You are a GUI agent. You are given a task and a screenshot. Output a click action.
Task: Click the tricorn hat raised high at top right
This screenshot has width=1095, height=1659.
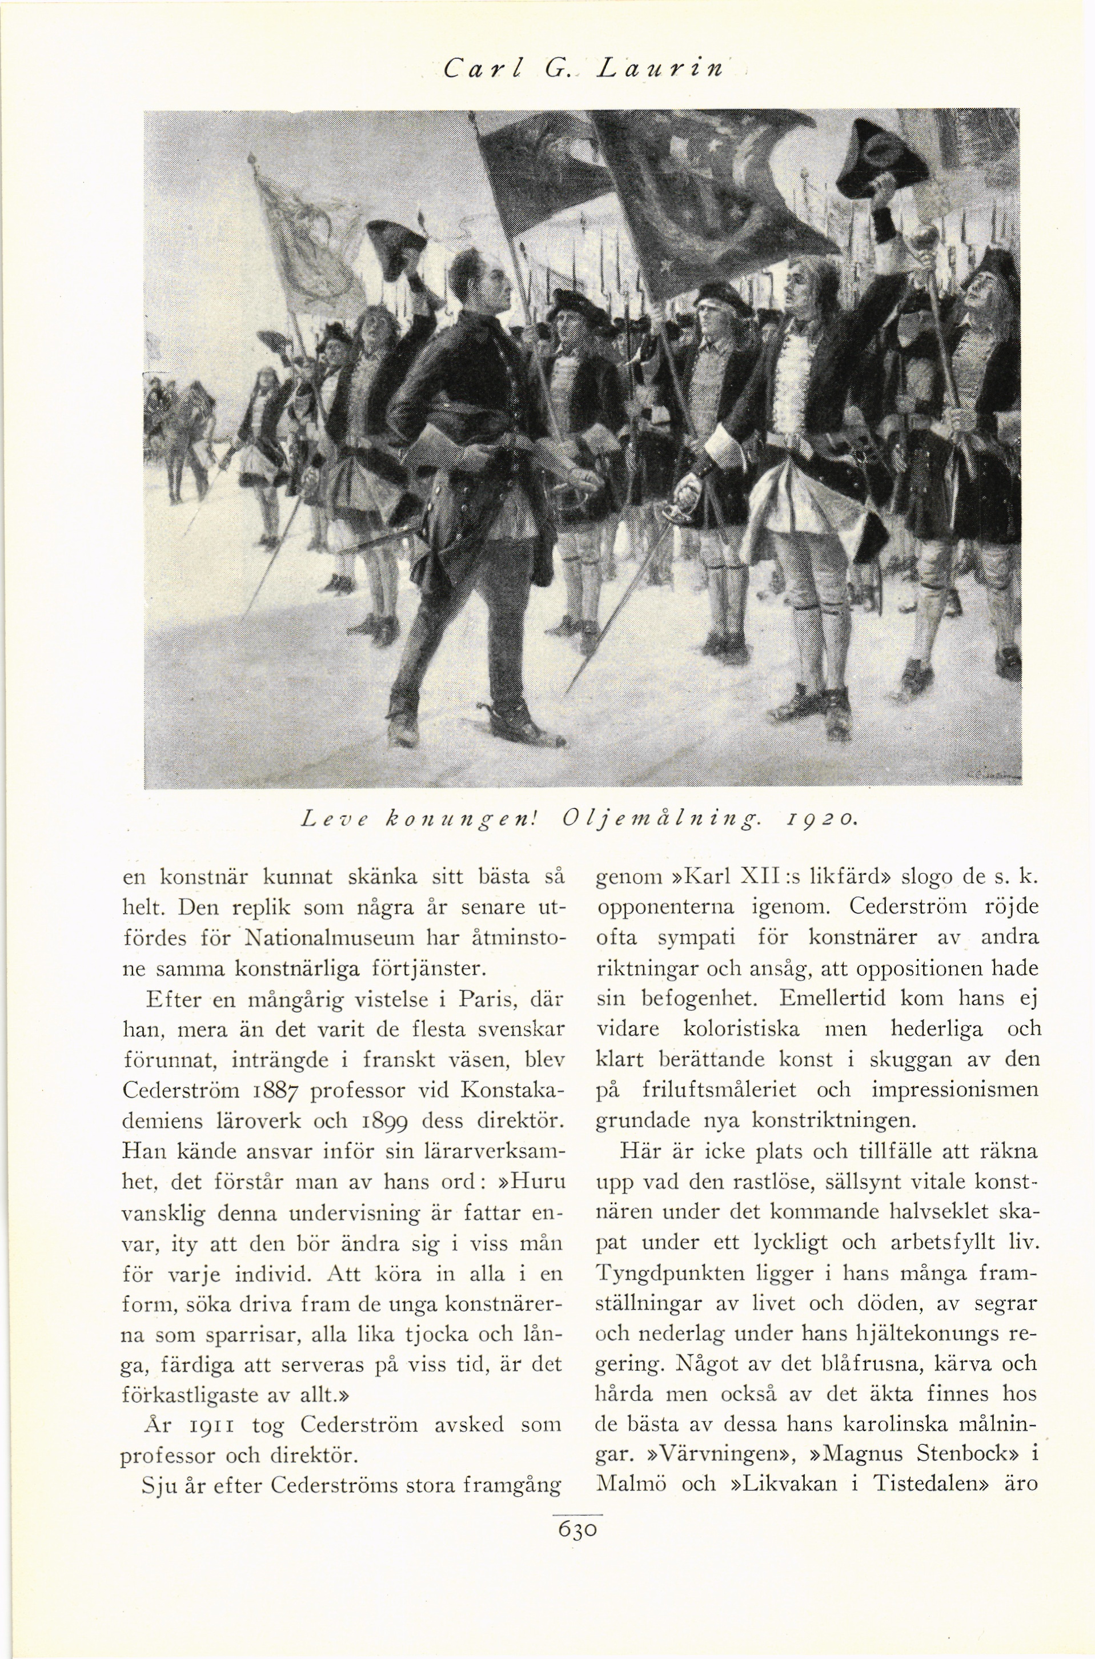881,157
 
